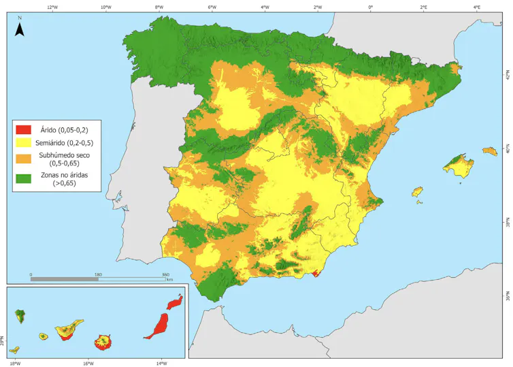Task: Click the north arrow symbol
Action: [20, 28]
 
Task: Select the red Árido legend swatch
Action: [24, 129]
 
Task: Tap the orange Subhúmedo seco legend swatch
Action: [24, 159]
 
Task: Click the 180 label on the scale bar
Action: [98, 274]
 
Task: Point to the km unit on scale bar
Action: [169, 280]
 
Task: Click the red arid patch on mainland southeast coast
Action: [315, 274]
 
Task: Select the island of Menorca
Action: [489, 151]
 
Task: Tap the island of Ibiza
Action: [417, 193]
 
